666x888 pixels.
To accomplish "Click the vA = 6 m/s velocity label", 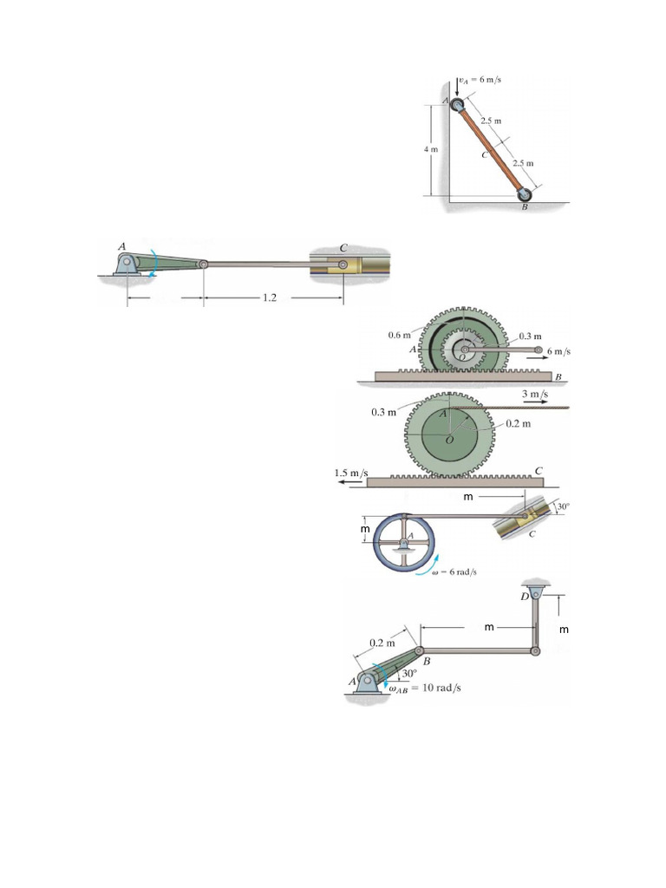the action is click(x=480, y=79).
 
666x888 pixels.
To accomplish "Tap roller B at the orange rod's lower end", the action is click(x=525, y=194).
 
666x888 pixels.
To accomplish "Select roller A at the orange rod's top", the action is click(x=457, y=104).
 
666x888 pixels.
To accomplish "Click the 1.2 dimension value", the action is click(x=270, y=298).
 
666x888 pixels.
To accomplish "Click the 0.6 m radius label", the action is click(x=399, y=336).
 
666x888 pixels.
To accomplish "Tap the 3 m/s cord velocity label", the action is click(x=534, y=394).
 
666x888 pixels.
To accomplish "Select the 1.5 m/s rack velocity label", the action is click(x=351, y=473).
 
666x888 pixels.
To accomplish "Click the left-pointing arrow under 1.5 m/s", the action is click(x=351, y=482).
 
